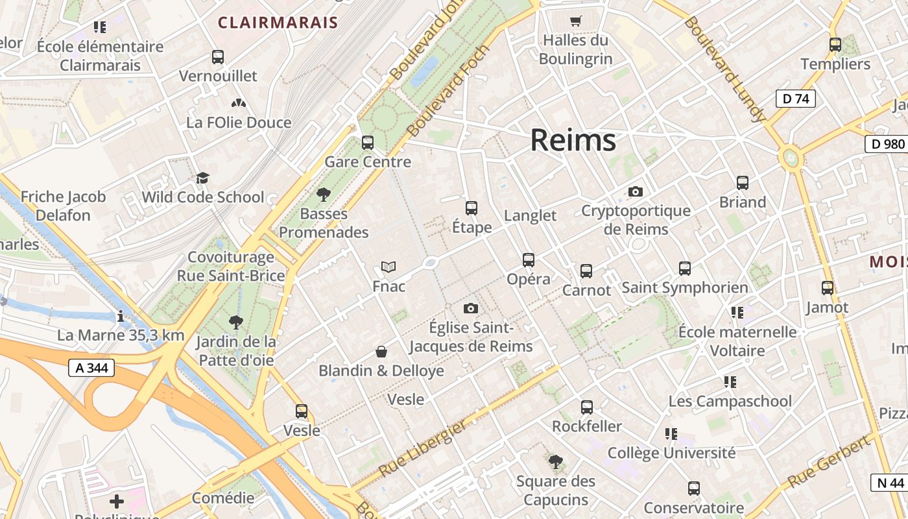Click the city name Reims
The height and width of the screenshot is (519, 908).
click(573, 140)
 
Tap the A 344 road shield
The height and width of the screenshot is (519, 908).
click(91, 368)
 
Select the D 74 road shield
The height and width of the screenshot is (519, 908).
click(795, 99)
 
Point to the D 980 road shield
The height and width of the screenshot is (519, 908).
click(887, 144)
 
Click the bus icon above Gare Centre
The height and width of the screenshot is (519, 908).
click(368, 142)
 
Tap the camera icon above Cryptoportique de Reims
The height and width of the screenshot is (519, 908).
click(636, 191)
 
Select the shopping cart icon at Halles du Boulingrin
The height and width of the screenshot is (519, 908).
click(575, 21)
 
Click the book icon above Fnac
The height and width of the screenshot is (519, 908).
click(388, 267)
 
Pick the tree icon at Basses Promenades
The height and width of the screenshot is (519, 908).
click(323, 194)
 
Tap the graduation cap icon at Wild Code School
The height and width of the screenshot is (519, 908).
click(203, 178)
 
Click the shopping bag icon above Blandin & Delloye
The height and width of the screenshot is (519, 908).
click(381, 352)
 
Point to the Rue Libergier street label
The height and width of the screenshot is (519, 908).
click(422, 448)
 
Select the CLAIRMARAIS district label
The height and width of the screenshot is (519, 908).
click(278, 23)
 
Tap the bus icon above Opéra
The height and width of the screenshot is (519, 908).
click(529, 260)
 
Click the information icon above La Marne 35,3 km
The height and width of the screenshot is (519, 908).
click(121, 317)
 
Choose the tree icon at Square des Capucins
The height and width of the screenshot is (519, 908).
click(555, 462)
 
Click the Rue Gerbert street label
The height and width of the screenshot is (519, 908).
click(828, 462)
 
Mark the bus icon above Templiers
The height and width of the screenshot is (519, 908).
click(835, 45)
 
